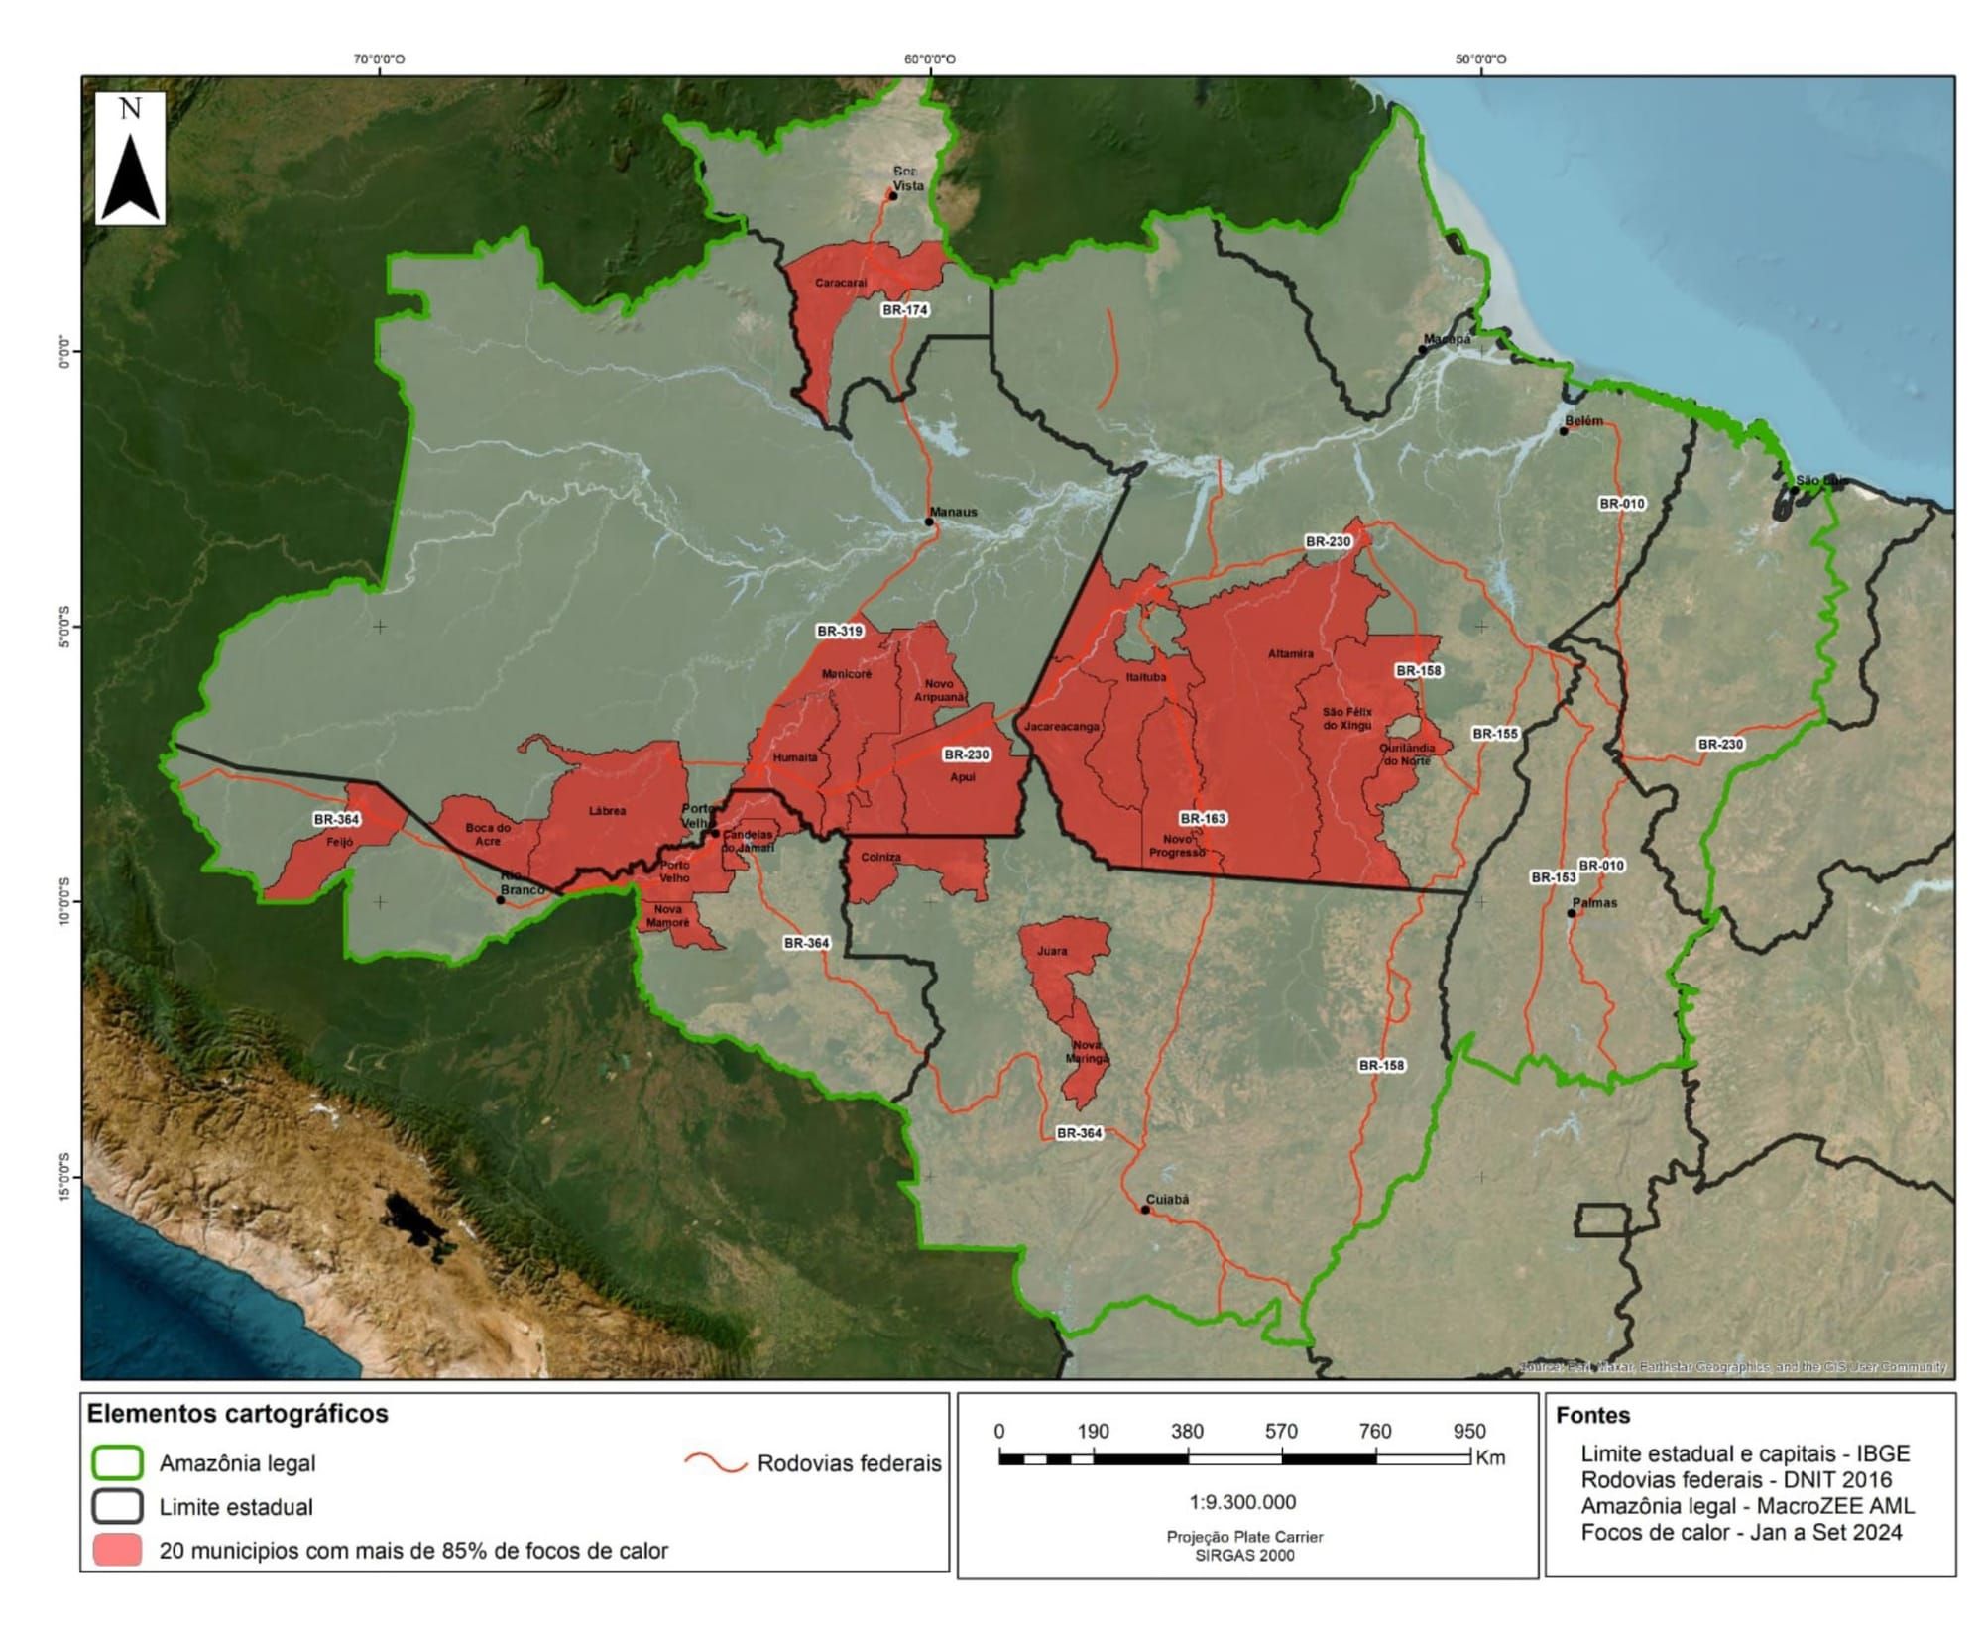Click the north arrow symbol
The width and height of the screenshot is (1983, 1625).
(x=130, y=159)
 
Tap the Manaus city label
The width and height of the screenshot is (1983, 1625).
(x=953, y=512)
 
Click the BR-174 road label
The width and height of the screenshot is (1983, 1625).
(x=904, y=309)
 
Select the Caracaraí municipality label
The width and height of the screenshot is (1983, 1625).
(x=841, y=283)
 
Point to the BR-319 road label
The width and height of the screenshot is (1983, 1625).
(x=839, y=631)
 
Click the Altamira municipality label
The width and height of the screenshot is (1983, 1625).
(x=1290, y=654)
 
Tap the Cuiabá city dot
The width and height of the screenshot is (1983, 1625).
(x=1145, y=1210)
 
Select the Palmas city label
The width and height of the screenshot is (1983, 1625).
(x=1594, y=903)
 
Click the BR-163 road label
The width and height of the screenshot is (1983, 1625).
(x=1203, y=818)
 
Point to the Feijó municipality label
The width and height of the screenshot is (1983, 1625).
(x=339, y=842)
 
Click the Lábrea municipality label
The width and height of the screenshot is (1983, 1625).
(x=607, y=811)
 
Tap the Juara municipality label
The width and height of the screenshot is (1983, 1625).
(x=1052, y=951)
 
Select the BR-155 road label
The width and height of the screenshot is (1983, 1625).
(x=1494, y=734)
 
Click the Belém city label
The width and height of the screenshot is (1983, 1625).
(x=1583, y=421)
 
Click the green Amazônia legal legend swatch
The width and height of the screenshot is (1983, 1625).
(x=117, y=1463)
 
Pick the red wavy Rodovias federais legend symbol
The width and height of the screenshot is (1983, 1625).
(x=715, y=1463)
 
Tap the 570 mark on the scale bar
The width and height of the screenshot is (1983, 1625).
(x=1281, y=1431)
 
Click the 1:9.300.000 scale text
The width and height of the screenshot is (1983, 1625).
(x=1242, y=1501)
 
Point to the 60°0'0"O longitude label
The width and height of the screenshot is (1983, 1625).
(x=929, y=59)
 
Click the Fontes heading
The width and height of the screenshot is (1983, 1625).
(x=1592, y=1415)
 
